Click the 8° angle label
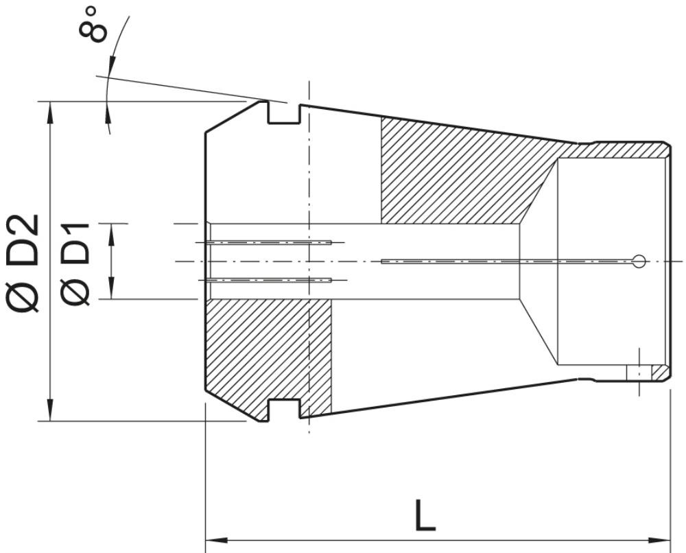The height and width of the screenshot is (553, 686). pos(93,25)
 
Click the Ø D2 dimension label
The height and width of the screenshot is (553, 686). pos(23,263)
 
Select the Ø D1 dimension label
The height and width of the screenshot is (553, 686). pos(75,263)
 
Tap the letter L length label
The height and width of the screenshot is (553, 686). pos(425,515)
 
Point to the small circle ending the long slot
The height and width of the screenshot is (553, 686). pos(639,261)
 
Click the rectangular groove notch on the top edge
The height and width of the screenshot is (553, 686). pos(284,114)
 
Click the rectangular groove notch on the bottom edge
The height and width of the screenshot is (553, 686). pos(284,409)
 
